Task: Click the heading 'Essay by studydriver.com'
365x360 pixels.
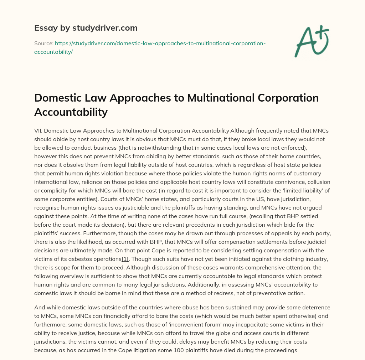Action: pyautogui.click(x=86, y=27)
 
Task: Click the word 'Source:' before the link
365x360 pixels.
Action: pyautogui.click(x=43, y=43)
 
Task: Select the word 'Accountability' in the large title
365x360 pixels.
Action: pyautogui.click(x=71, y=112)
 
